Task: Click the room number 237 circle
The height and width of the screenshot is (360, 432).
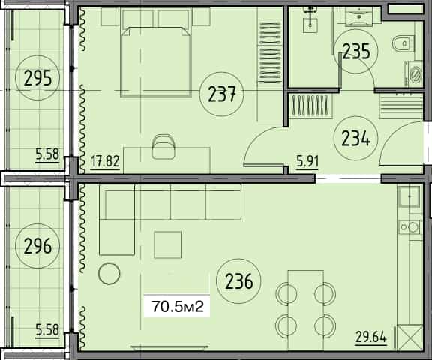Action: [223, 94]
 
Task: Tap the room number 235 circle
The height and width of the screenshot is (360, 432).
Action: [356, 51]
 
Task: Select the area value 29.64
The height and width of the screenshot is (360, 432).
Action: [370, 338]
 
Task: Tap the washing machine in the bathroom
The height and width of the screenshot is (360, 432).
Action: [412, 74]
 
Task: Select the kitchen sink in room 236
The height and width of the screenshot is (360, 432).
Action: [409, 198]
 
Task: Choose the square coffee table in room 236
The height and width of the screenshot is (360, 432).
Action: [168, 244]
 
